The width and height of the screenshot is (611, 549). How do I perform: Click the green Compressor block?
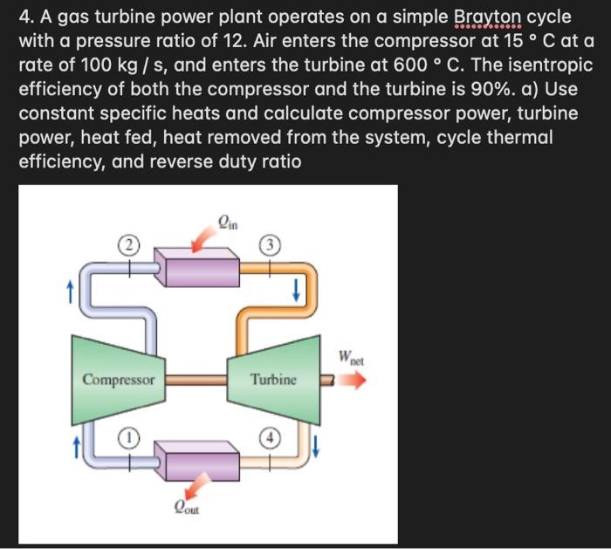120,381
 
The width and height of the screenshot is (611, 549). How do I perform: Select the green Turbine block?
272,380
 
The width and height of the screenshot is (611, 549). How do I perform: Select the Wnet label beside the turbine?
354,358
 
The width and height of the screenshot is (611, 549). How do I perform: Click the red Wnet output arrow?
354,381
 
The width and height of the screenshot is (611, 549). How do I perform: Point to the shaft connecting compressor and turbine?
196,380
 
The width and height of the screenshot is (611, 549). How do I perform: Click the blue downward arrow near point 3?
298,289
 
